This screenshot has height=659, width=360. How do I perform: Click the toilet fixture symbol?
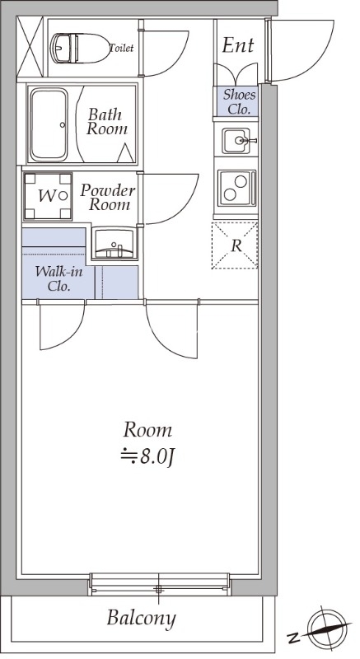coord(80,48)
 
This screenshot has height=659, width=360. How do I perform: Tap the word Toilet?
coord(121,48)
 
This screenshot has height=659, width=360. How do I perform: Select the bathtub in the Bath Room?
coord(49,124)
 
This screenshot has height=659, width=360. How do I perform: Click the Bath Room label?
coord(107,121)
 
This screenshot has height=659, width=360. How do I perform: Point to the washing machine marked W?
coord(48,196)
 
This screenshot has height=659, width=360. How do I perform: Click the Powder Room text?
coord(108,197)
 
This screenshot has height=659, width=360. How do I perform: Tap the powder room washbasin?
coord(115,243)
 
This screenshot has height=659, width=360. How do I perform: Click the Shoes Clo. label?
coord(239,101)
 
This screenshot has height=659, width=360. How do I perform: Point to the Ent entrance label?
coord(238,45)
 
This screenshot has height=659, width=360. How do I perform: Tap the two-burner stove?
coord(236,188)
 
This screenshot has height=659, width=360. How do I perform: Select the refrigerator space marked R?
coord(235,245)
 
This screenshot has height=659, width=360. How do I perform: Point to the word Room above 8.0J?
coord(147,430)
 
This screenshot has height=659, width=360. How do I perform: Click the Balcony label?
coord(141,619)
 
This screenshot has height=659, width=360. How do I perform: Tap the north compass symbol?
coord(329,629)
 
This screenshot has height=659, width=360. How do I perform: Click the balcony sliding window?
coord(159,584)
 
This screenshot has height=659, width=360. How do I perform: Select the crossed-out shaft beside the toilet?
coord(30,46)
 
